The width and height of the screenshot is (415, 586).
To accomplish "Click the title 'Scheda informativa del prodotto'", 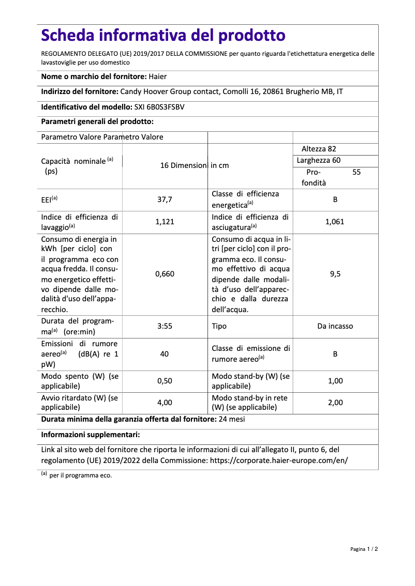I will [x=163, y=36].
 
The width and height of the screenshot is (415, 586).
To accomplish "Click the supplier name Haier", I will [x=158, y=76].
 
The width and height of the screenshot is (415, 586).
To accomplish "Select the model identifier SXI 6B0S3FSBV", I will [x=156, y=107].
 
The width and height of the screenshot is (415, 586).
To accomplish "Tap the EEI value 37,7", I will [x=165, y=199].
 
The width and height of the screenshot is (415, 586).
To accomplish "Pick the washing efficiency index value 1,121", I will [x=165, y=222].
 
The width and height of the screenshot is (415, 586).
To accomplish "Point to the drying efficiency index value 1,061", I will [x=335, y=222].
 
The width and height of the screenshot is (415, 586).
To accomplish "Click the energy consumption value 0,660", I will [x=165, y=274].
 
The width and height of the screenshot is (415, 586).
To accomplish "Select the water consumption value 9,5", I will [x=335, y=274].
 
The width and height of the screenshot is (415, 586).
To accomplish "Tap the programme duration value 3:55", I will [x=165, y=327].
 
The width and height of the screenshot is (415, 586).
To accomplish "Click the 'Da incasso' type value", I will [x=335, y=327].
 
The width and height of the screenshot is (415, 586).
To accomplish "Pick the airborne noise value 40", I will [x=165, y=354].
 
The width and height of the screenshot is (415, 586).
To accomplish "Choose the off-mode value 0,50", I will [x=165, y=381].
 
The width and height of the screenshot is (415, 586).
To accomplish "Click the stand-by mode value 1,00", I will [x=335, y=381].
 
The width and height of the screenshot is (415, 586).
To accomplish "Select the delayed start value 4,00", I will [x=165, y=403].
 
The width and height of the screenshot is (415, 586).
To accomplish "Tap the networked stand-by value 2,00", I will [x=335, y=403].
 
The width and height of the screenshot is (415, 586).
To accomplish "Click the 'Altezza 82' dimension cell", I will [x=319, y=149].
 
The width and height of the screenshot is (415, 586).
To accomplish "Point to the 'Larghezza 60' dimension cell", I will [x=319, y=160].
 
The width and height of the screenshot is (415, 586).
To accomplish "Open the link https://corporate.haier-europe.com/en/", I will [x=278, y=460].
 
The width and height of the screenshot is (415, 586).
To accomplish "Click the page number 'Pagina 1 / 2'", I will [x=364, y=549].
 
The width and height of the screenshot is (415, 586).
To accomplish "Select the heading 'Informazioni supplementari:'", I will [x=91, y=435].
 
